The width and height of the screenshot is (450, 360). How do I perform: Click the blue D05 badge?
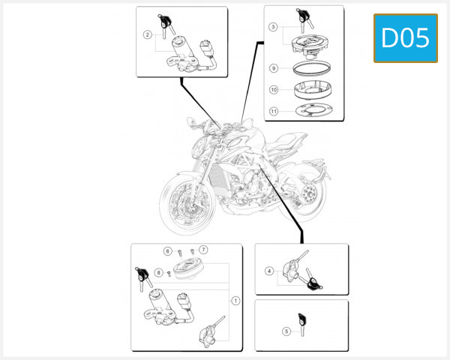405,37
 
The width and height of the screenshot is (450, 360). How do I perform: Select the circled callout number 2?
148,34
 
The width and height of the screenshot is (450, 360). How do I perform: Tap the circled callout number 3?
274,27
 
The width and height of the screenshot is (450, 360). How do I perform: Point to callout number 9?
274,68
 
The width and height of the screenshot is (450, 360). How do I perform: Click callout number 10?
274,89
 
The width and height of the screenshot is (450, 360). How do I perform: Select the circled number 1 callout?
235,301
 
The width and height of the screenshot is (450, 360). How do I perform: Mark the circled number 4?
268,271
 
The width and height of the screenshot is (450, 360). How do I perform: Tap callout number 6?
168,250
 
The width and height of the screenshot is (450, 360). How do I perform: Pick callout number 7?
203,249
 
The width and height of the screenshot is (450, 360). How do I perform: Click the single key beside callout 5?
302,322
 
